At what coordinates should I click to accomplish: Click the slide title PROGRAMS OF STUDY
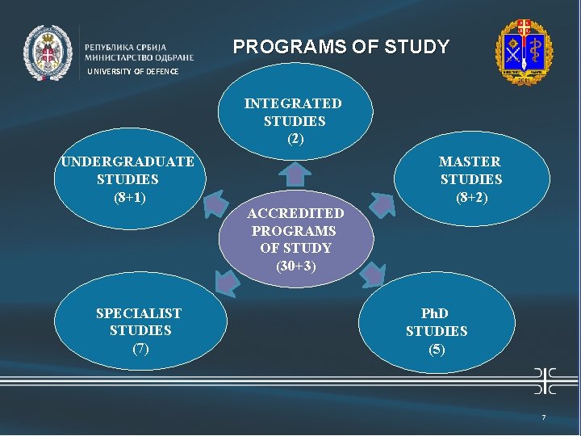[x=341, y=47]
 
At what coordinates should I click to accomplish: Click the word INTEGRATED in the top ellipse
[x=293, y=104]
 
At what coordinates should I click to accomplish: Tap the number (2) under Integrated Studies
[x=295, y=139]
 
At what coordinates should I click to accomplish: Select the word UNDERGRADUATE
[x=127, y=161]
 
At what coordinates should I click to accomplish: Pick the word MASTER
[x=470, y=161]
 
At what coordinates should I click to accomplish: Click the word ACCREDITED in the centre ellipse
[x=295, y=214]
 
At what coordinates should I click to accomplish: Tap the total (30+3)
[x=295, y=266]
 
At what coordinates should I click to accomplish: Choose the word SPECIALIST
[x=139, y=313]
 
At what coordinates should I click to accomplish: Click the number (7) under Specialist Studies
[x=140, y=348]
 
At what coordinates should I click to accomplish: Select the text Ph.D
[x=435, y=313]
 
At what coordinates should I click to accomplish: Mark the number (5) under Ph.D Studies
[x=436, y=349]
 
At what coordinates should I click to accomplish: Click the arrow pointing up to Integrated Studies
[x=297, y=174]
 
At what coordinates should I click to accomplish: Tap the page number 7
[x=543, y=417]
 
